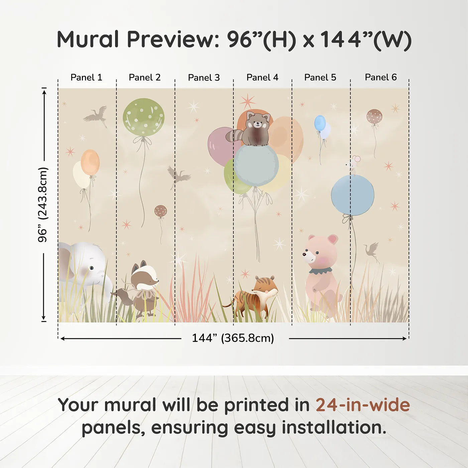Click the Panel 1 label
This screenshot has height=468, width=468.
coord(86,78)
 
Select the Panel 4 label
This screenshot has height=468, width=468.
coord(262,78)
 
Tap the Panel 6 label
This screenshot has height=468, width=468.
coord(380,78)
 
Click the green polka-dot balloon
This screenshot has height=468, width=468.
coord(143,117)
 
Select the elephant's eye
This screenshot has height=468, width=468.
coord(91,268)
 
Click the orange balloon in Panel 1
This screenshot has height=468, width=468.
coord(90,162)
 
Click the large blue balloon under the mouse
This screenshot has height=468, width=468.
coord(352,196)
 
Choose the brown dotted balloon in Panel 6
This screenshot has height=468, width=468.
coord(374,116)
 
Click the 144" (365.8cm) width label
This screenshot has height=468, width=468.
coord(233,338)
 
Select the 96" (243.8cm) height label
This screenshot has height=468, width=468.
coord(43,205)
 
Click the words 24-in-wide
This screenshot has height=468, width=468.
coord(363,405)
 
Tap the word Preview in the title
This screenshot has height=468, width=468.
coord(172,39)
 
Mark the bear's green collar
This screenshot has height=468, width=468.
coord(320,270)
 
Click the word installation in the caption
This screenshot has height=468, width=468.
coord(334,428)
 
